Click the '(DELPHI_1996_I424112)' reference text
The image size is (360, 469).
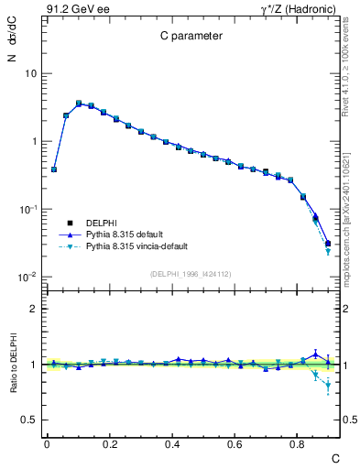point(191,274)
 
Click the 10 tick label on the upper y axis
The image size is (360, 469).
point(30,73)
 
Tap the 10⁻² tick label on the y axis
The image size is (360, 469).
point(27,278)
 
